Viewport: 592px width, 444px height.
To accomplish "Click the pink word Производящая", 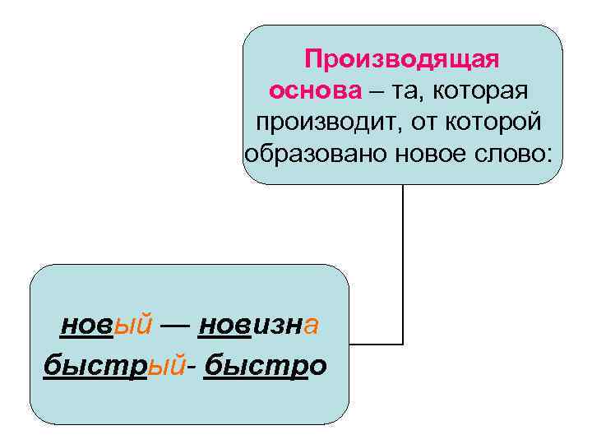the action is coord(402,60).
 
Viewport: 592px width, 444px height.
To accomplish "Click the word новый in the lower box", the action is coord(106,326).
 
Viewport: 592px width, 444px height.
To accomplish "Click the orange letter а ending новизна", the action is coord(310,326).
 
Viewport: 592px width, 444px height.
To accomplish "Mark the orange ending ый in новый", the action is coord(132,326).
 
